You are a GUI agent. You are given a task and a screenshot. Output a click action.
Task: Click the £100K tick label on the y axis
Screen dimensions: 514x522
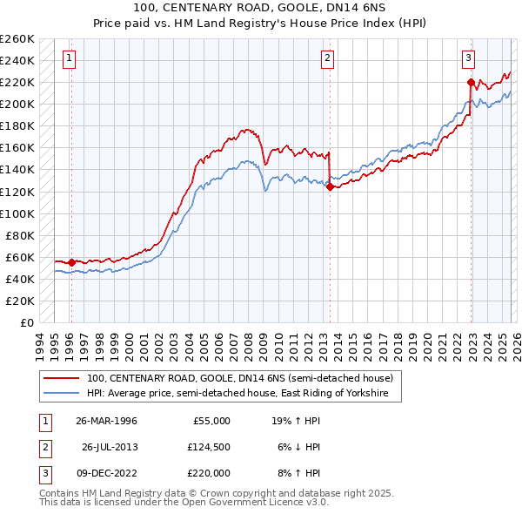(17, 213)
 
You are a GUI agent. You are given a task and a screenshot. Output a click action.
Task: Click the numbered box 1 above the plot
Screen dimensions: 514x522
(69, 58)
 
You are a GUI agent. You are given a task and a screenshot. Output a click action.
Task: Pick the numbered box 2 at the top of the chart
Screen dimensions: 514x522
(327, 58)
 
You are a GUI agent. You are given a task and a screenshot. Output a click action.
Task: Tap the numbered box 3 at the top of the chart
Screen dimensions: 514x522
(468, 58)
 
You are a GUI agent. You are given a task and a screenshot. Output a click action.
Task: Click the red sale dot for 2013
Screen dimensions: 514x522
(330, 186)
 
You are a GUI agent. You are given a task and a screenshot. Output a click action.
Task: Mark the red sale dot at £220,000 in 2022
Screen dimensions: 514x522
(471, 82)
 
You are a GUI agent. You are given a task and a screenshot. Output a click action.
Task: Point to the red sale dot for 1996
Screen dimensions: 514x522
(71, 262)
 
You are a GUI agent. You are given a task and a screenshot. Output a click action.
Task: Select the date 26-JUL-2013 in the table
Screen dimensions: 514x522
(110, 447)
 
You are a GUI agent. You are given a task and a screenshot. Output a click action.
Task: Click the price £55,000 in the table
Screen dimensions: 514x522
(211, 421)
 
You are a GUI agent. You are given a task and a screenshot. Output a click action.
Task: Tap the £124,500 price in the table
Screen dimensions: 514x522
(209, 447)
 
